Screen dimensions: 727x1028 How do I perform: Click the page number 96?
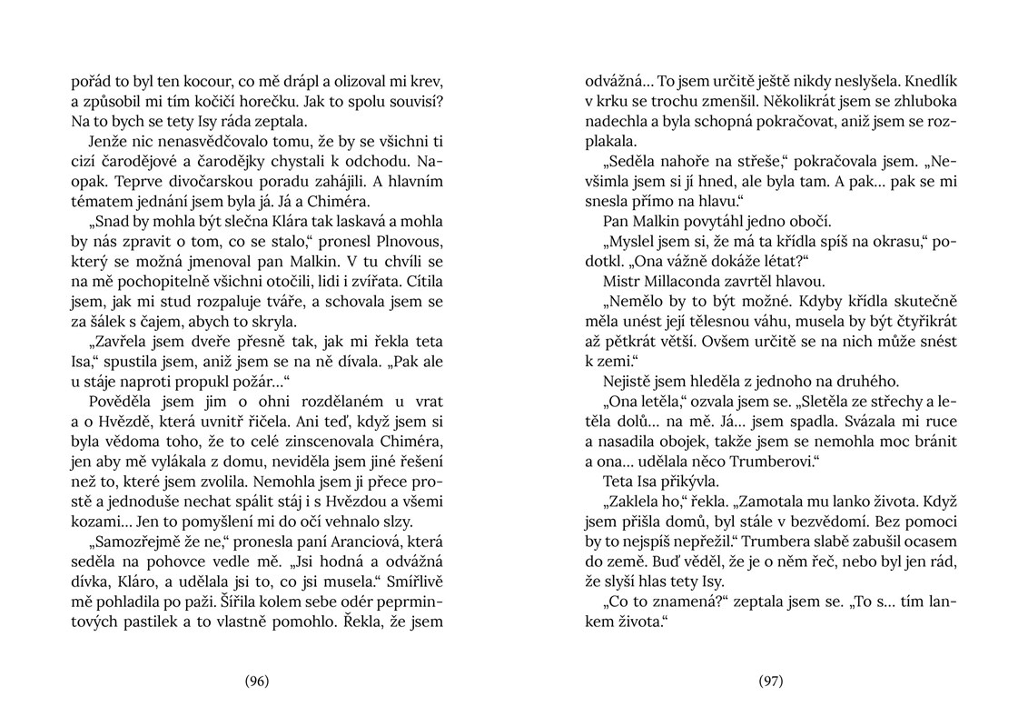click(x=257, y=681)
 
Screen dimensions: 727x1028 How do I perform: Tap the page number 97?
click(x=770, y=681)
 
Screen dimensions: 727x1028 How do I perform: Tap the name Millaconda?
click(x=685, y=281)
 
